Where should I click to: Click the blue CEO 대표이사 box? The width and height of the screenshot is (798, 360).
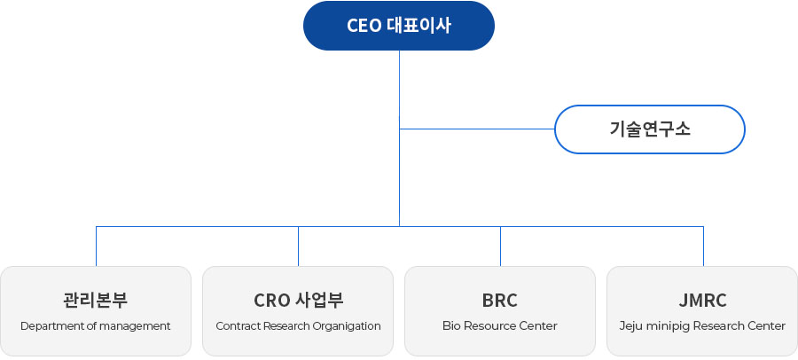[x=398, y=26]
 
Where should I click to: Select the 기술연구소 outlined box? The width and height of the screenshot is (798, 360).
[x=649, y=129]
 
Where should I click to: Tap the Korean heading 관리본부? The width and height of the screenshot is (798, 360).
[x=96, y=301]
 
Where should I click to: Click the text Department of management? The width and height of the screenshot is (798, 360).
[x=96, y=326]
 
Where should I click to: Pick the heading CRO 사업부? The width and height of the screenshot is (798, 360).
[x=298, y=301]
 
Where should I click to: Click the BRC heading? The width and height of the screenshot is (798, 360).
[x=500, y=301]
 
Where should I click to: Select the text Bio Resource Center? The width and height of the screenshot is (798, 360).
[x=500, y=326]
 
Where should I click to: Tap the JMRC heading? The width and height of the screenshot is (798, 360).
[x=702, y=301]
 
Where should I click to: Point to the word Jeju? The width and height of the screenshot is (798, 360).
[x=630, y=326]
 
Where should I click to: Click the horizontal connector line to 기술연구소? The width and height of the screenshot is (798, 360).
[x=477, y=129]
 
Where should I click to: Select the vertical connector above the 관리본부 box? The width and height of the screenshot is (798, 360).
[x=96, y=247]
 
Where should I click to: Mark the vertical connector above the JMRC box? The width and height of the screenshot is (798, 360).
[x=703, y=247]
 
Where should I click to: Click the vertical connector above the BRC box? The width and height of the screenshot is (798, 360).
[x=500, y=247]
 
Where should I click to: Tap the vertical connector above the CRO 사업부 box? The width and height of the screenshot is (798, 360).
[x=298, y=247]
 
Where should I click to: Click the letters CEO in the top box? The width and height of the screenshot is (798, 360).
[x=364, y=26]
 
